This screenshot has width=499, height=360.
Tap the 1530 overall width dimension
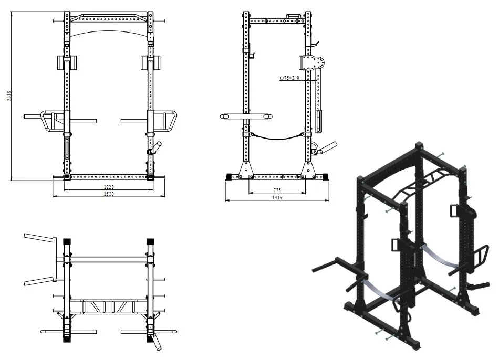click(x=109, y=194)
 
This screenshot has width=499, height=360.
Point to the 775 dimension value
click(x=276, y=189)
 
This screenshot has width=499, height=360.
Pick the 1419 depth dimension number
click(x=277, y=197)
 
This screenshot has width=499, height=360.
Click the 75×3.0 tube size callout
click(x=290, y=78)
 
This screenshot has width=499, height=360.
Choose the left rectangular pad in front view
click(x=65, y=62)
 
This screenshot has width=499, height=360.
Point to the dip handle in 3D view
click(x=331, y=263)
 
